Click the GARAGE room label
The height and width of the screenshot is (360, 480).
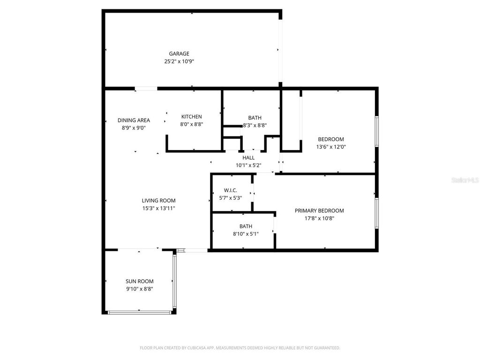179,53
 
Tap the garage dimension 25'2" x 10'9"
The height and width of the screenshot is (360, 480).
179,61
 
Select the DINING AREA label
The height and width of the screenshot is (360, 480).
134,120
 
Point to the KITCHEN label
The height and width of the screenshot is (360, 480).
192,117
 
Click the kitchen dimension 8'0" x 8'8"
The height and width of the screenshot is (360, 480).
192,124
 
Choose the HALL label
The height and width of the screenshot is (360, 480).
248,158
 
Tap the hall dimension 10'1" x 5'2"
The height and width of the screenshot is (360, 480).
248,165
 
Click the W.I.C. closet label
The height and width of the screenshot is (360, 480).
231,190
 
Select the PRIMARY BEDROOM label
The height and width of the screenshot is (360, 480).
319,211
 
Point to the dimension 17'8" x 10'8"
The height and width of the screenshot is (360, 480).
319,218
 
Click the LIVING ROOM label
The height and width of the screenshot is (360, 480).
159,201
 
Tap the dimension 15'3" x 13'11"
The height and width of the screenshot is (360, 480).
159,208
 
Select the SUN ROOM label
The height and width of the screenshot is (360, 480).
139,282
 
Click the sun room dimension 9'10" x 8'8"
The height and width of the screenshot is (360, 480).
139,289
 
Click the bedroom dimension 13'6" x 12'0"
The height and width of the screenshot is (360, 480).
331,147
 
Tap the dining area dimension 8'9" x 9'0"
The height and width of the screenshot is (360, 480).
134,127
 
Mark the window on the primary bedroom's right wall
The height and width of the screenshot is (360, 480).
376,213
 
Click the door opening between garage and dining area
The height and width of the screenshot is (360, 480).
146,88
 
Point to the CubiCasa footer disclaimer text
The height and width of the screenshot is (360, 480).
240,348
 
